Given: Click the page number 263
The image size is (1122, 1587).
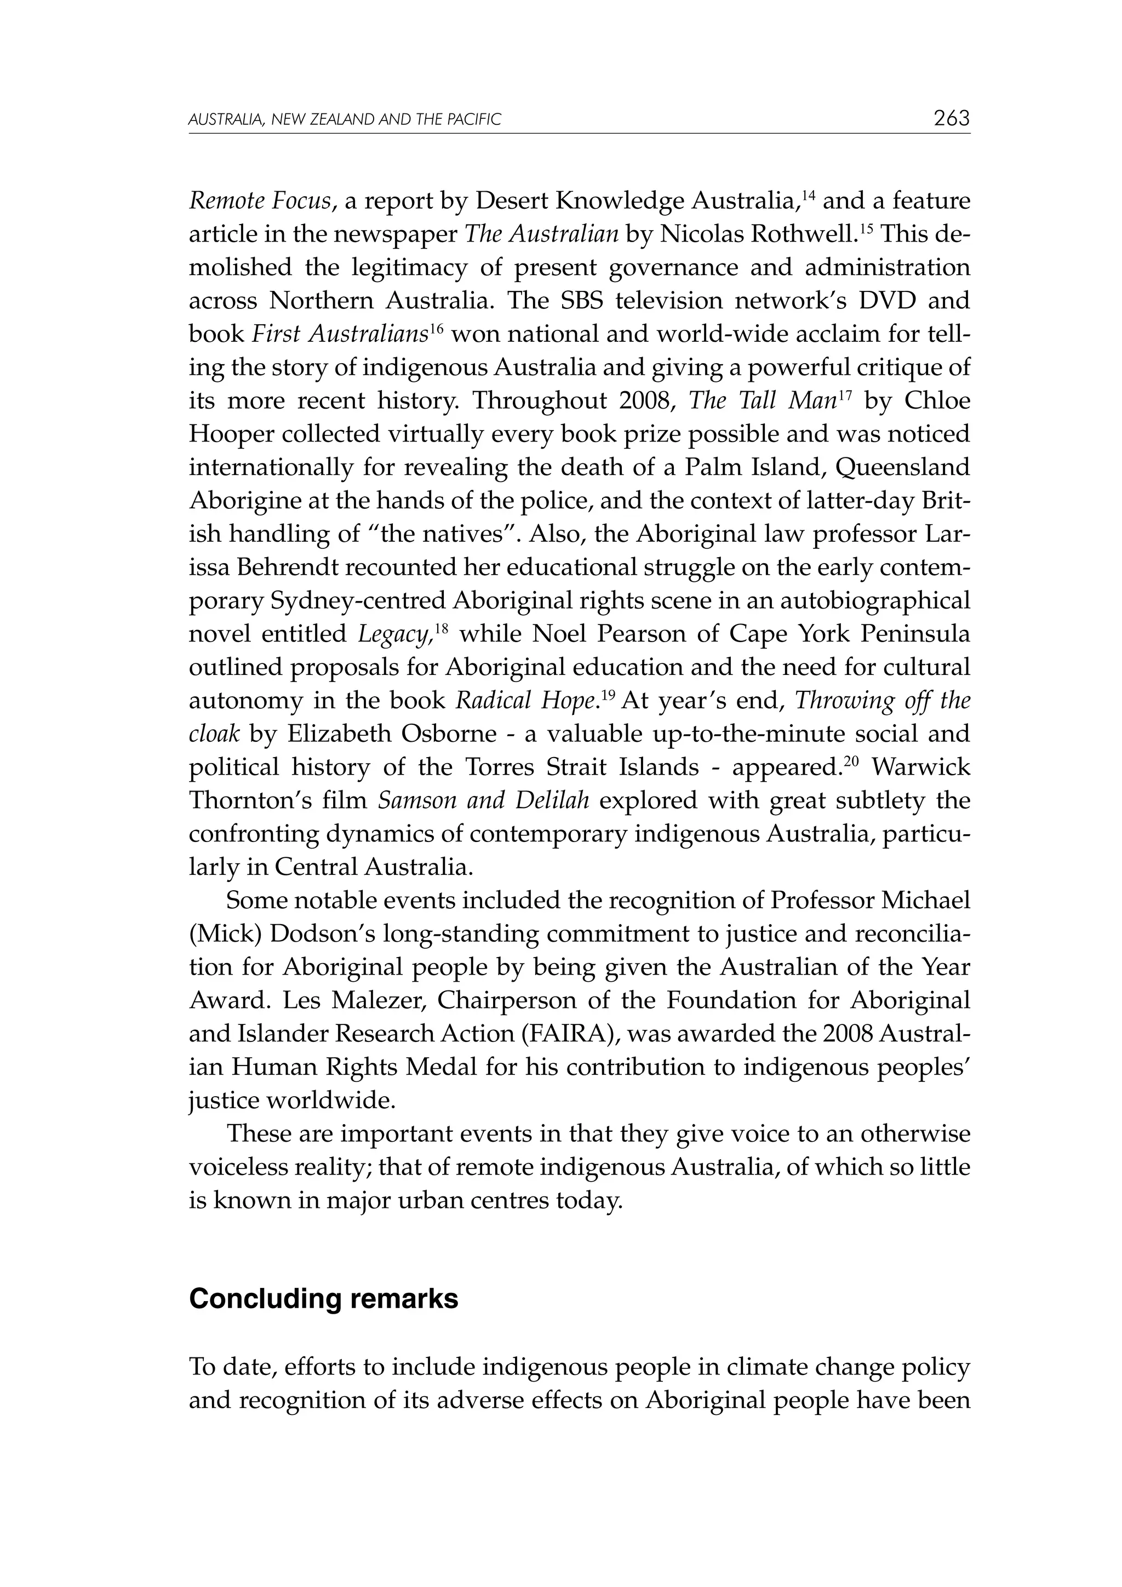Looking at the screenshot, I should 951,118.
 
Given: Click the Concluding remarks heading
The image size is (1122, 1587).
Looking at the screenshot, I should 324,1299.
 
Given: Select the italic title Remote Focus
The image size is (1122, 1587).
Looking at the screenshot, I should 259,202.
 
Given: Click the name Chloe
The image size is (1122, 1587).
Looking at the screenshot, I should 937,402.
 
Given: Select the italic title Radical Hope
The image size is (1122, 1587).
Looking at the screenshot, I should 525,701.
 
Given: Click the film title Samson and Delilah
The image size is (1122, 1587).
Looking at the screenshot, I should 483,801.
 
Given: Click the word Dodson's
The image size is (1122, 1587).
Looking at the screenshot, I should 322,934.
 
